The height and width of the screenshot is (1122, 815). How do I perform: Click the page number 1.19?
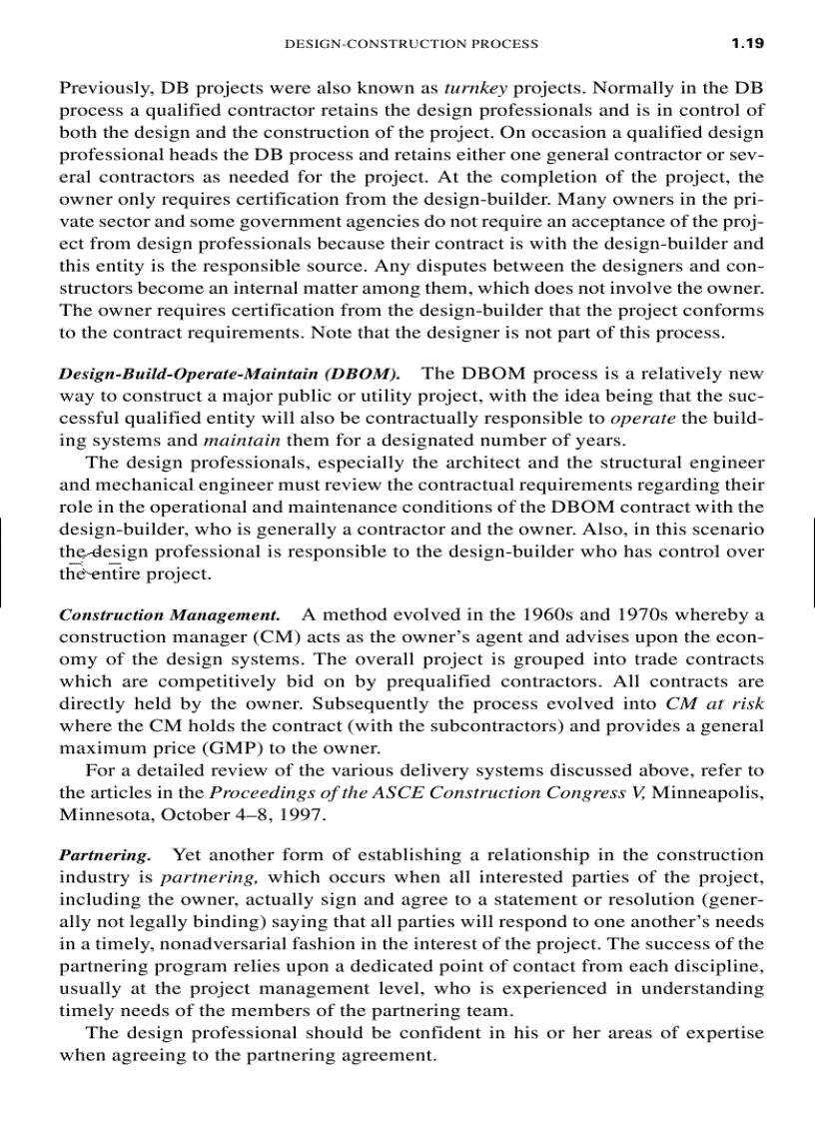[x=746, y=43]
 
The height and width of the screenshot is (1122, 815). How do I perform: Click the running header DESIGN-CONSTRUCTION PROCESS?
[x=411, y=44]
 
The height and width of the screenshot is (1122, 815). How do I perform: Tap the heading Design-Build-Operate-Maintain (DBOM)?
[x=231, y=375]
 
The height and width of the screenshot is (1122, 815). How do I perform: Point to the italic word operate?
[x=640, y=419]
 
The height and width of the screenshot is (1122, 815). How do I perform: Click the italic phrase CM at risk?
[x=714, y=703]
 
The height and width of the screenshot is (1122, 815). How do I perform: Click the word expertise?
[x=717, y=1033]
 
